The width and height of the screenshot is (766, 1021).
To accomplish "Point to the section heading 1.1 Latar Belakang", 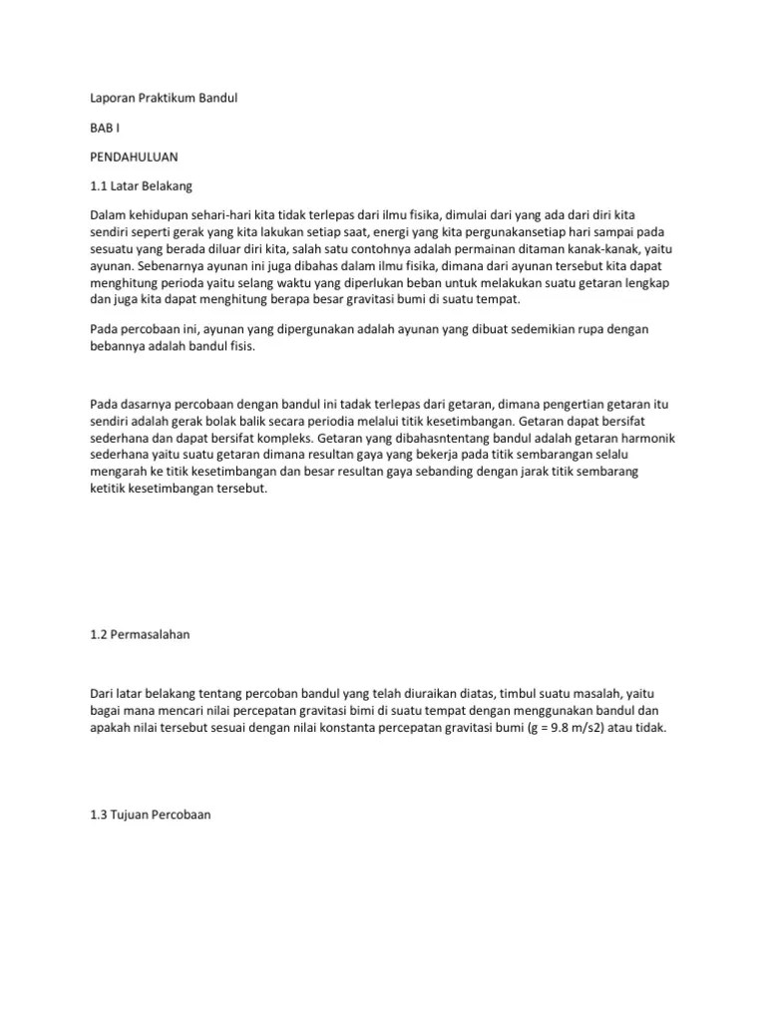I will [148, 186].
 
